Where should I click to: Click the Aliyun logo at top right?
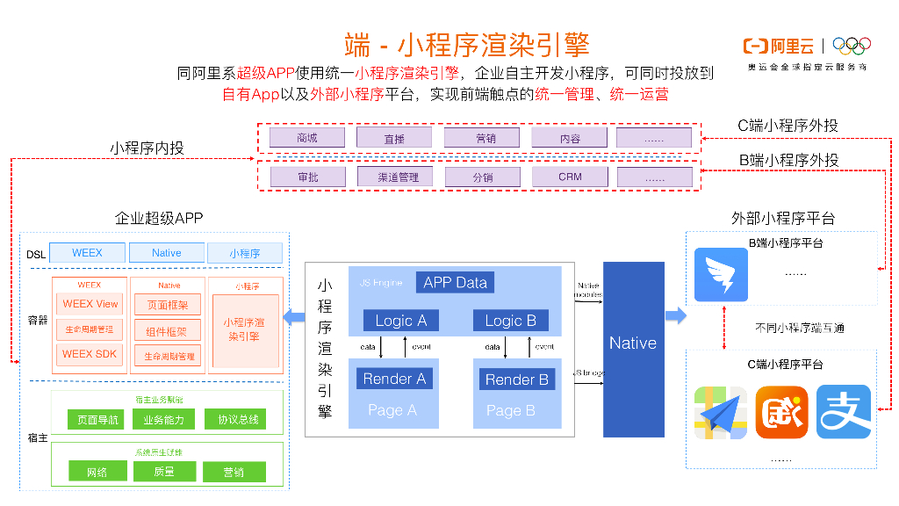[778, 46]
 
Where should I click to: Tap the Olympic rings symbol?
[851, 46]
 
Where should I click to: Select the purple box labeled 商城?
[306, 138]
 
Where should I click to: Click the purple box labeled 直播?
[394, 138]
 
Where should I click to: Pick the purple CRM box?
[570, 177]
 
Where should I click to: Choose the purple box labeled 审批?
[307, 177]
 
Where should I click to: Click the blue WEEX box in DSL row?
[87, 253]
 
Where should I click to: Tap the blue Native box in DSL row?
[167, 253]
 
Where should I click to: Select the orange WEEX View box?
[90, 304]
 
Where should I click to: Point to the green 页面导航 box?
[97, 420]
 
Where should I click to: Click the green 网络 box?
[97, 472]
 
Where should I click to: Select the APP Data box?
[455, 282]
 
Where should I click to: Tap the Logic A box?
[400, 321]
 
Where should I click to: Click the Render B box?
[517, 379]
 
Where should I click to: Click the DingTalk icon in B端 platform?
[720, 274]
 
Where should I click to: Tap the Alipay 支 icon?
[843, 412]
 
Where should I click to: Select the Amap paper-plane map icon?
[720, 412]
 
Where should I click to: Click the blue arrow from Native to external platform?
[675, 315]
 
